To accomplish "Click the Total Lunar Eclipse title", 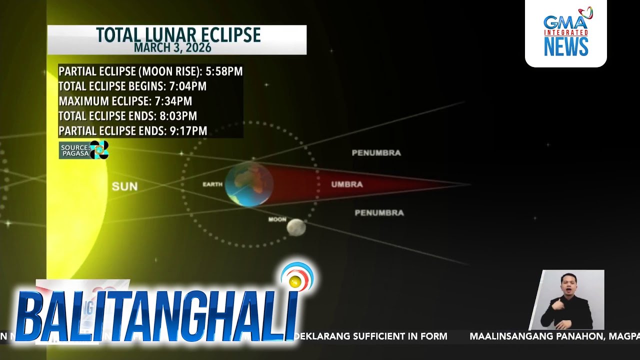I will [178, 35].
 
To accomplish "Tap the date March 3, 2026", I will [172, 48].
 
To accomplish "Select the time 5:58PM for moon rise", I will [224, 71].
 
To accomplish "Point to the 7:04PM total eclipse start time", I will [187, 86].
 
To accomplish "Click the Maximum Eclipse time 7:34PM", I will [173, 101].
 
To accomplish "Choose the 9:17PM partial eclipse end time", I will [188, 131].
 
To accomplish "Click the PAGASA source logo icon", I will [99, 149].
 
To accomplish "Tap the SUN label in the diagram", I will [124, 186].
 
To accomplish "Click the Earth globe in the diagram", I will [249, 184].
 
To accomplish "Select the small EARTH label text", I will [212, 184].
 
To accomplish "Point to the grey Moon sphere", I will [296, 227].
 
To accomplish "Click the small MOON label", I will [277, 219].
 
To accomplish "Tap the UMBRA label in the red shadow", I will [346, 184].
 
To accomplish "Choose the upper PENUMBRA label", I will [376, 153].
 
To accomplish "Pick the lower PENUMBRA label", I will [379, 213].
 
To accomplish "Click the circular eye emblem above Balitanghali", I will [296, 278].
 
